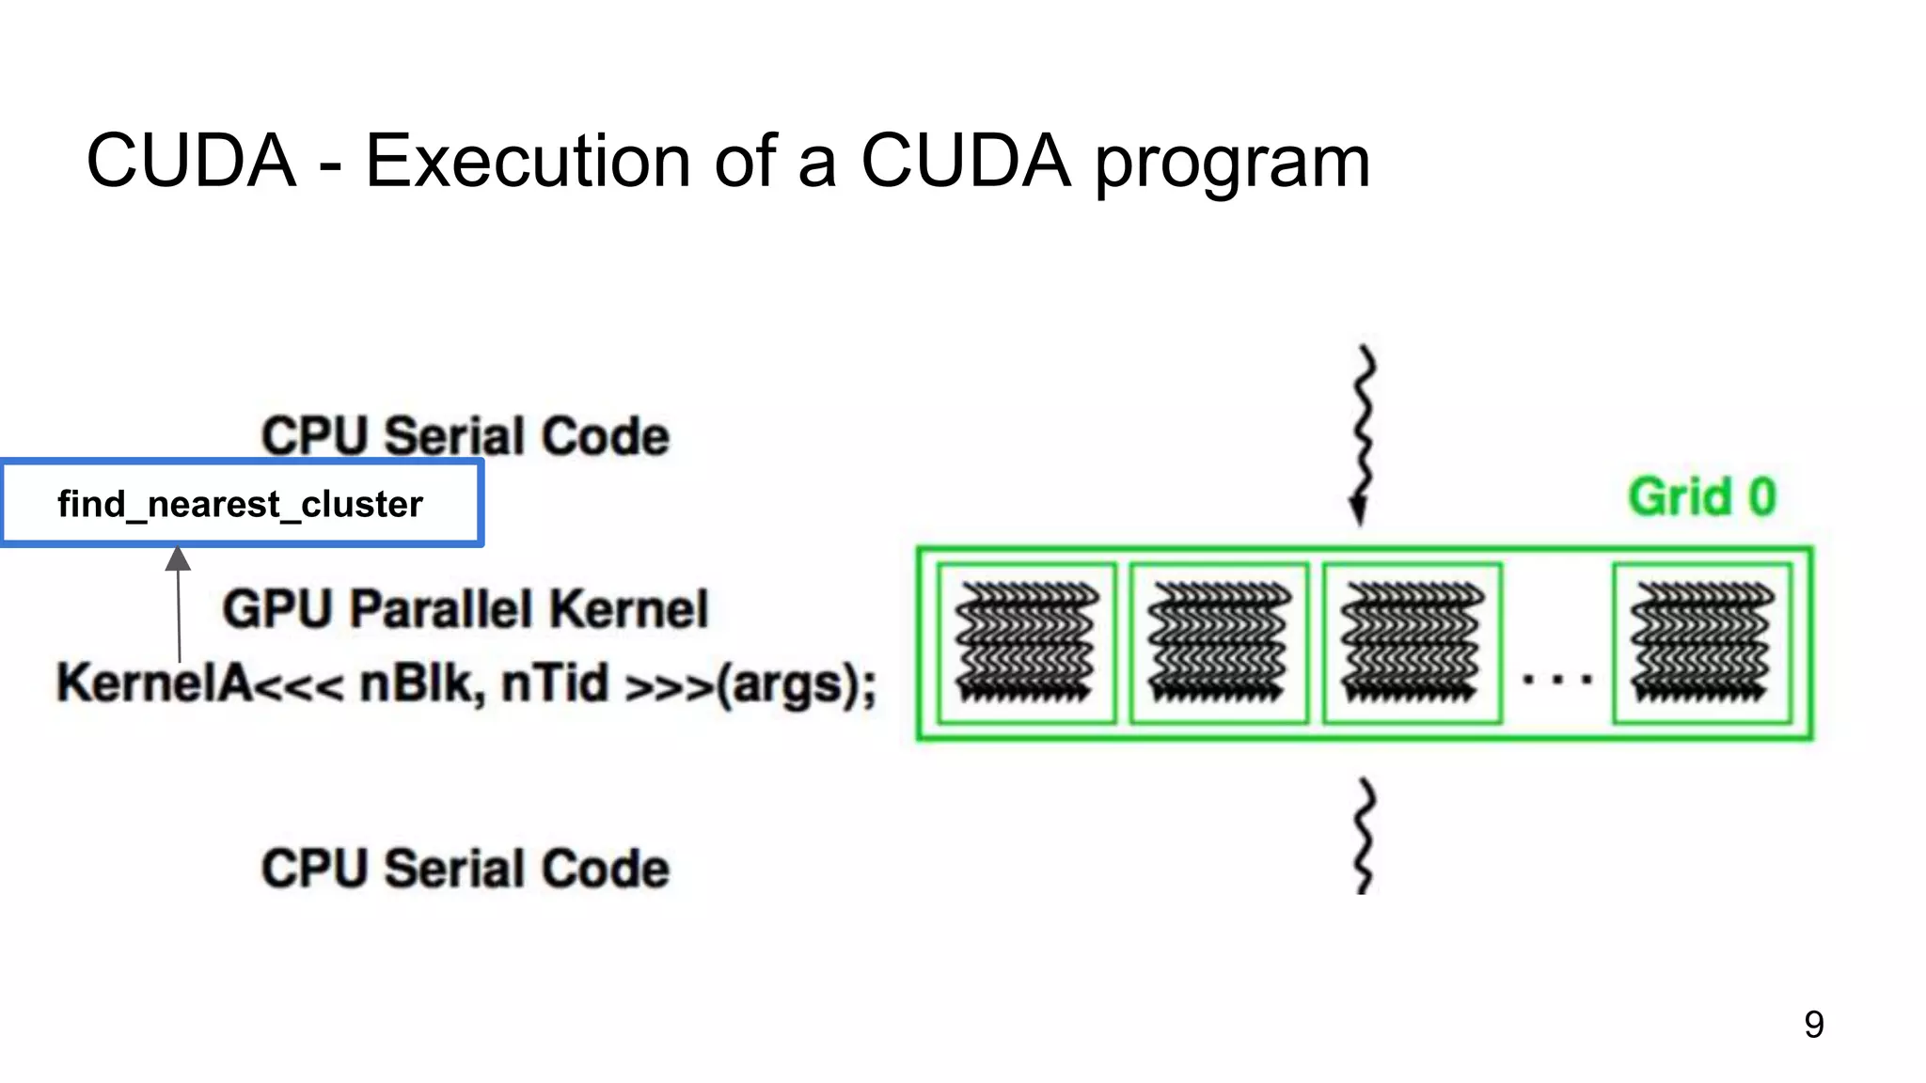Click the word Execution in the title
529,161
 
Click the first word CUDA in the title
191,161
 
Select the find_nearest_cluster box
242,504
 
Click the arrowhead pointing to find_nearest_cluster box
178,558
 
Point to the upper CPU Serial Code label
466,436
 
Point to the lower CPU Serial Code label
466,868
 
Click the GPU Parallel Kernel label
466,608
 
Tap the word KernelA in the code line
154,683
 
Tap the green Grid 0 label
1702,497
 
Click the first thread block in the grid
1027,643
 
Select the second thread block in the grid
1219,643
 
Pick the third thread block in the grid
1412,643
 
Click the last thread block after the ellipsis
1702,643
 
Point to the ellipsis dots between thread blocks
1557,679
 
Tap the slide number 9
1814,1025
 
